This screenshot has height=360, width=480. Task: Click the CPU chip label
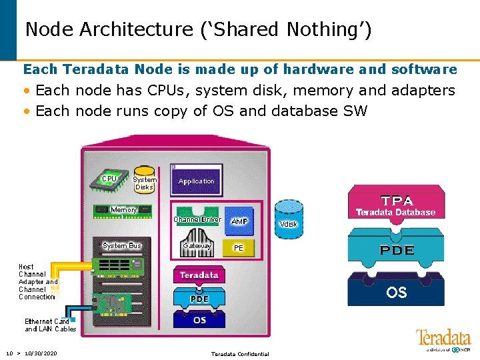pyautogui.click(x=109, y=179)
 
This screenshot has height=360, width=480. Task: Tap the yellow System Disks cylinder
pyautogui.click(x=144, y=181)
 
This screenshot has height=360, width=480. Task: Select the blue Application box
pyautogui.click(x=197, y=181)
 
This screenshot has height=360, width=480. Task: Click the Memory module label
pyautogui.click(x=123, y=210)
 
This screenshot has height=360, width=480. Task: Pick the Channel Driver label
pyautogui.click(x=197, y=219)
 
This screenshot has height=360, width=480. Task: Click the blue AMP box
pyautogui.click(x=239, y=221)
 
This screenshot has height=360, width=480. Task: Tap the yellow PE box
pyautogui.click(x=238, y=247)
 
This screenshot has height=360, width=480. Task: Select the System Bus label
pyautogui.click(x=122, y=246)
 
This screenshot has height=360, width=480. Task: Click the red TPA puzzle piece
pyautogui.click(x=396, y=204)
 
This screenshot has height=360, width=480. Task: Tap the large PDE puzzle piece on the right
pyautogui.click(x=396, y=251)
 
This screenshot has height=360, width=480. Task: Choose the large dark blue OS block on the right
pyautogui.click(x=396, y=291)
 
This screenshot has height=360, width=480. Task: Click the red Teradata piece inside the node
pyautogui.click(x=199, y=275)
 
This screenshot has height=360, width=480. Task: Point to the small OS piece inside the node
pyautogui.click(x=199, y=320)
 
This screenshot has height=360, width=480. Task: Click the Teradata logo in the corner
pyautogui.click(x=443, y=339)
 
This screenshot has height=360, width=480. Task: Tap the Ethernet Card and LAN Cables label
pyautogui.click(x=50, y=325)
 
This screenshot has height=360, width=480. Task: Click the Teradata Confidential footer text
pyautogui.click(x=240, y=354)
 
